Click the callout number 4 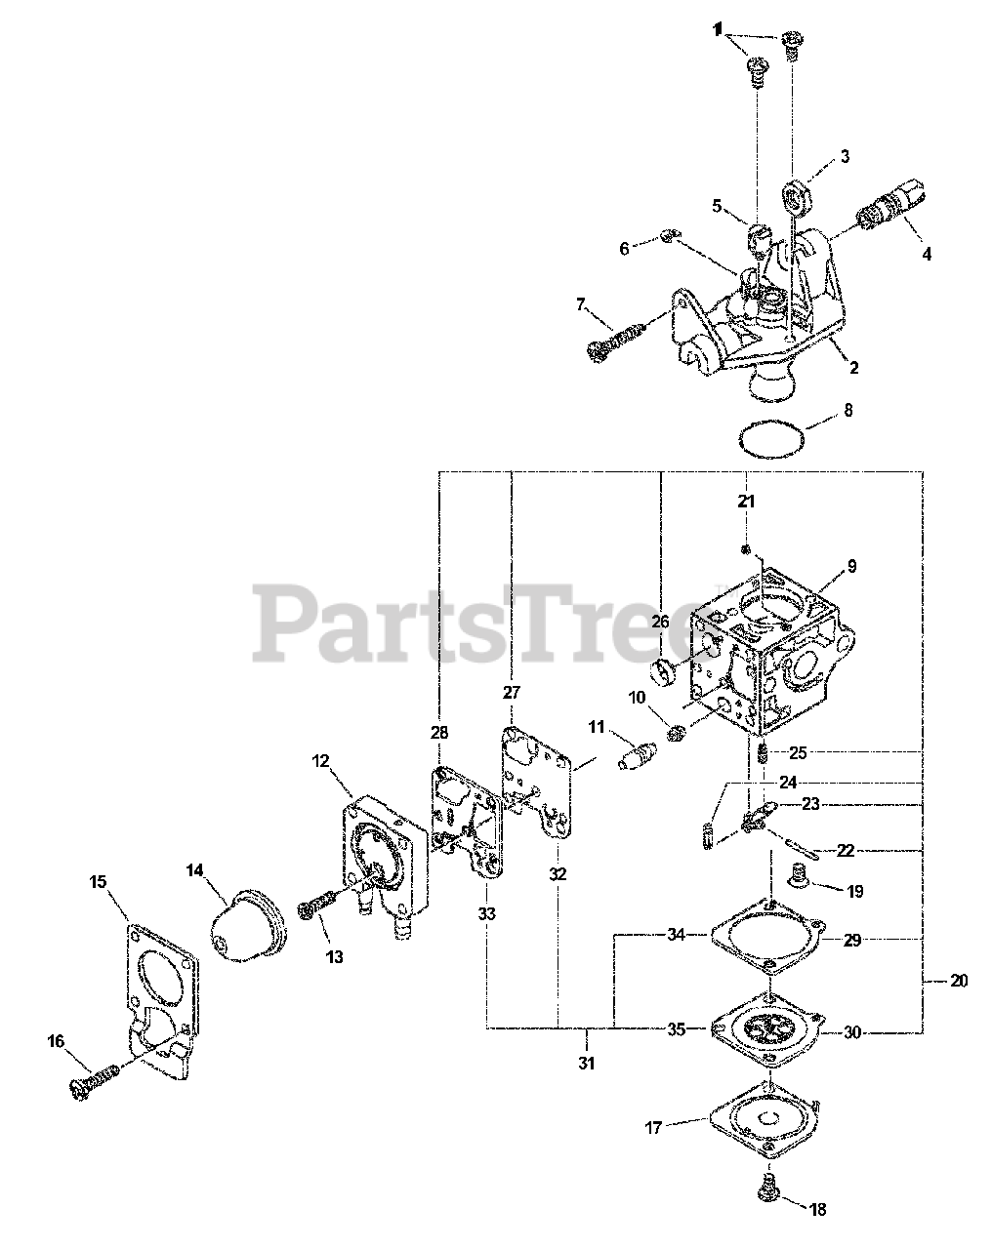(927, 255)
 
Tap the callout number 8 (847, 411)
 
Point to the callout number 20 (958, 980)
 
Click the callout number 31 (587, 1063)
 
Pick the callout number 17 (653, 1127)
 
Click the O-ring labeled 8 (771, 438)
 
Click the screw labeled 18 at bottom (768, 1187)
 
